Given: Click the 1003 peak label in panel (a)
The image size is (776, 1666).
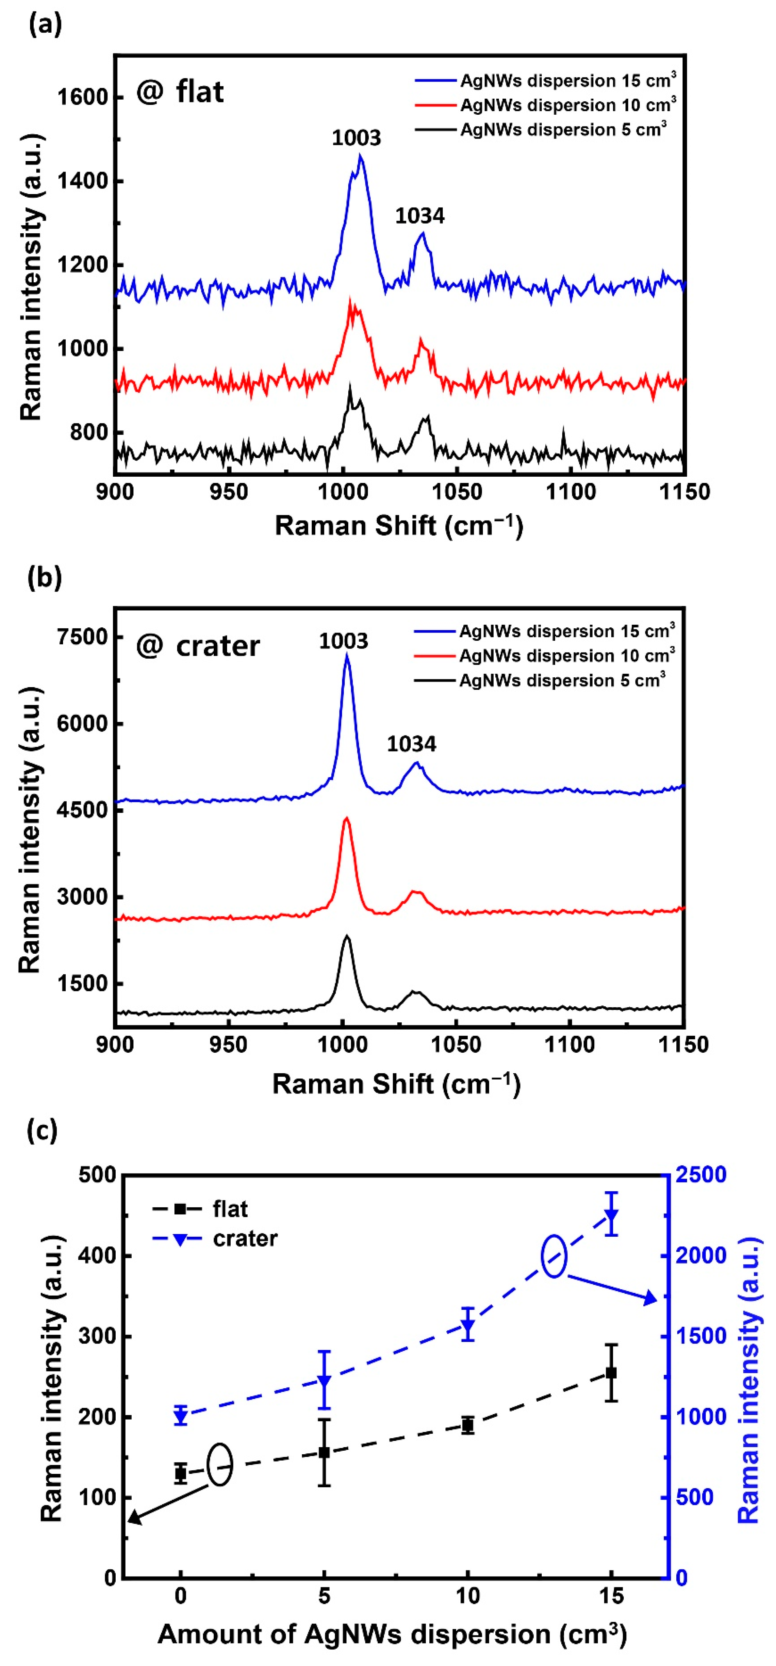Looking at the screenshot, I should (356, 138).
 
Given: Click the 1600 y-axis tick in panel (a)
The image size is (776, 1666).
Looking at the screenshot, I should (82, 97).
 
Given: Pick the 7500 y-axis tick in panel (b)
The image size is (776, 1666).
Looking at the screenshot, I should (82, 637).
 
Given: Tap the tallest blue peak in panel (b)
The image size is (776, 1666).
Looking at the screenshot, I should (347, 656).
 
